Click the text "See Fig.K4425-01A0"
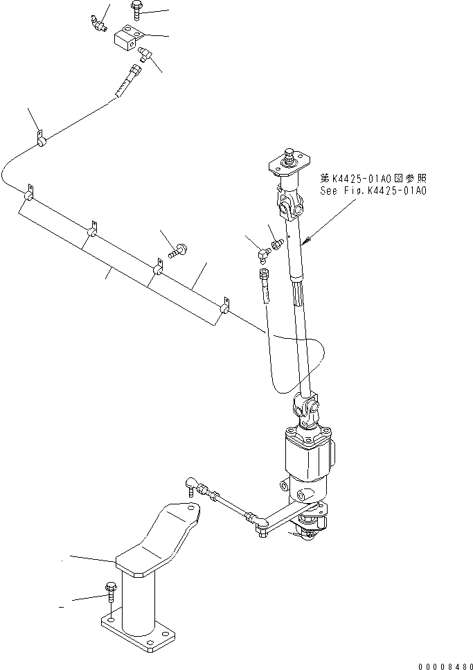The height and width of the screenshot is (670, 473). [x=373, y=189]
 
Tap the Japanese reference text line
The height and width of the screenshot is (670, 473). [x=373, y=177]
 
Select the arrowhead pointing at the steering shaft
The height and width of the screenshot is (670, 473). [x=305, y=241]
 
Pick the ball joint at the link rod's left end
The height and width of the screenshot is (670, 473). [x=193, y=482]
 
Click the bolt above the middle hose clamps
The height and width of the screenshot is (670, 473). [x=178, y=249]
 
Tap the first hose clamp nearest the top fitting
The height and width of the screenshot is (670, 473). [x=40, y=141]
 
